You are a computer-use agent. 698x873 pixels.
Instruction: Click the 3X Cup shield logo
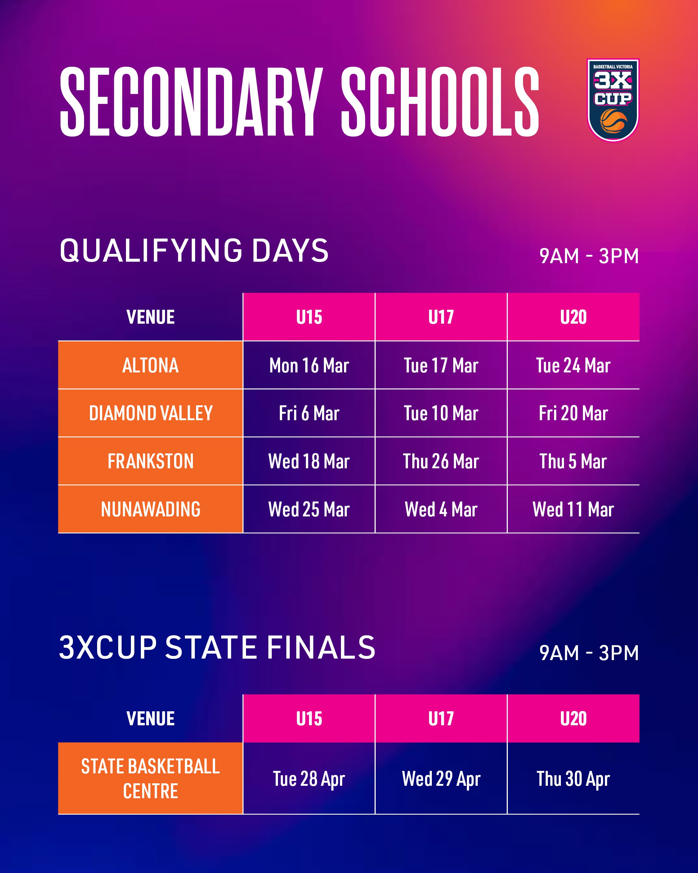(613, 100)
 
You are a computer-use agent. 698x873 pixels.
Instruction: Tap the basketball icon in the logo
(613, 121)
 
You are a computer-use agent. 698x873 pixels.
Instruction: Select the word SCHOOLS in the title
(440, 102)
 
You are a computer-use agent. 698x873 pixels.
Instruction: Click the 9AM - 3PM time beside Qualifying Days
(589, 256)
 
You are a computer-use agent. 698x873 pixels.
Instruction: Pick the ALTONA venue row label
(150, 365)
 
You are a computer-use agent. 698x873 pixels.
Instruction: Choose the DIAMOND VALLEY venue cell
(150, 413)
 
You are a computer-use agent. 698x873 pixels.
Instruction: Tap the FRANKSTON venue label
(150, 461)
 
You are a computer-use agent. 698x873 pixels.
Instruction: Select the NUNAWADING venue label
(150, 509)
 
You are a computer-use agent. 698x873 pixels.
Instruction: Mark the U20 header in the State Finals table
(573, 719)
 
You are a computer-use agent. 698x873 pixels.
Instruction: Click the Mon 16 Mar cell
(309, 365)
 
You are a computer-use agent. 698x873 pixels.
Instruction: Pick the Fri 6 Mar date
(309, 413)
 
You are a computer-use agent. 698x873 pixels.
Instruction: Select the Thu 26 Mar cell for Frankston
(441, 461)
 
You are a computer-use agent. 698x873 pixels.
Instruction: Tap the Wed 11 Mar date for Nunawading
(573, 509)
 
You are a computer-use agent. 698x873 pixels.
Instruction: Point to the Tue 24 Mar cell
(573, 365)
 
